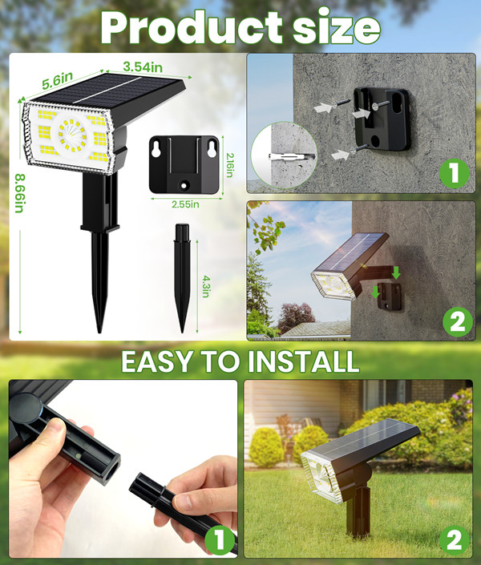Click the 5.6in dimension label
click(58, 80)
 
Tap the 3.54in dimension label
click(143, 67)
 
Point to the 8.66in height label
click(19, 193)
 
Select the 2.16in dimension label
click(229, 164)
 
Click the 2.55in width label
click(185, 204)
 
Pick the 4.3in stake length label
click(205, 286)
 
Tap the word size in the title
click(337, 29)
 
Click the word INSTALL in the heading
click(304, 361)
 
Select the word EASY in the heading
click(156, 361)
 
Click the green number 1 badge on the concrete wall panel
click(455, 173)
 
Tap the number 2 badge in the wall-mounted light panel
click(458, 322)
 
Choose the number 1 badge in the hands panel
click(220, 540)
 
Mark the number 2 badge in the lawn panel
click(455, 540)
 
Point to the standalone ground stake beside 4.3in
click(182, 278)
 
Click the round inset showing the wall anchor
click(284, 155)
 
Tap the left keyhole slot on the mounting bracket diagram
click(156, 150)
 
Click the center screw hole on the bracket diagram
click(184, 186)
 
